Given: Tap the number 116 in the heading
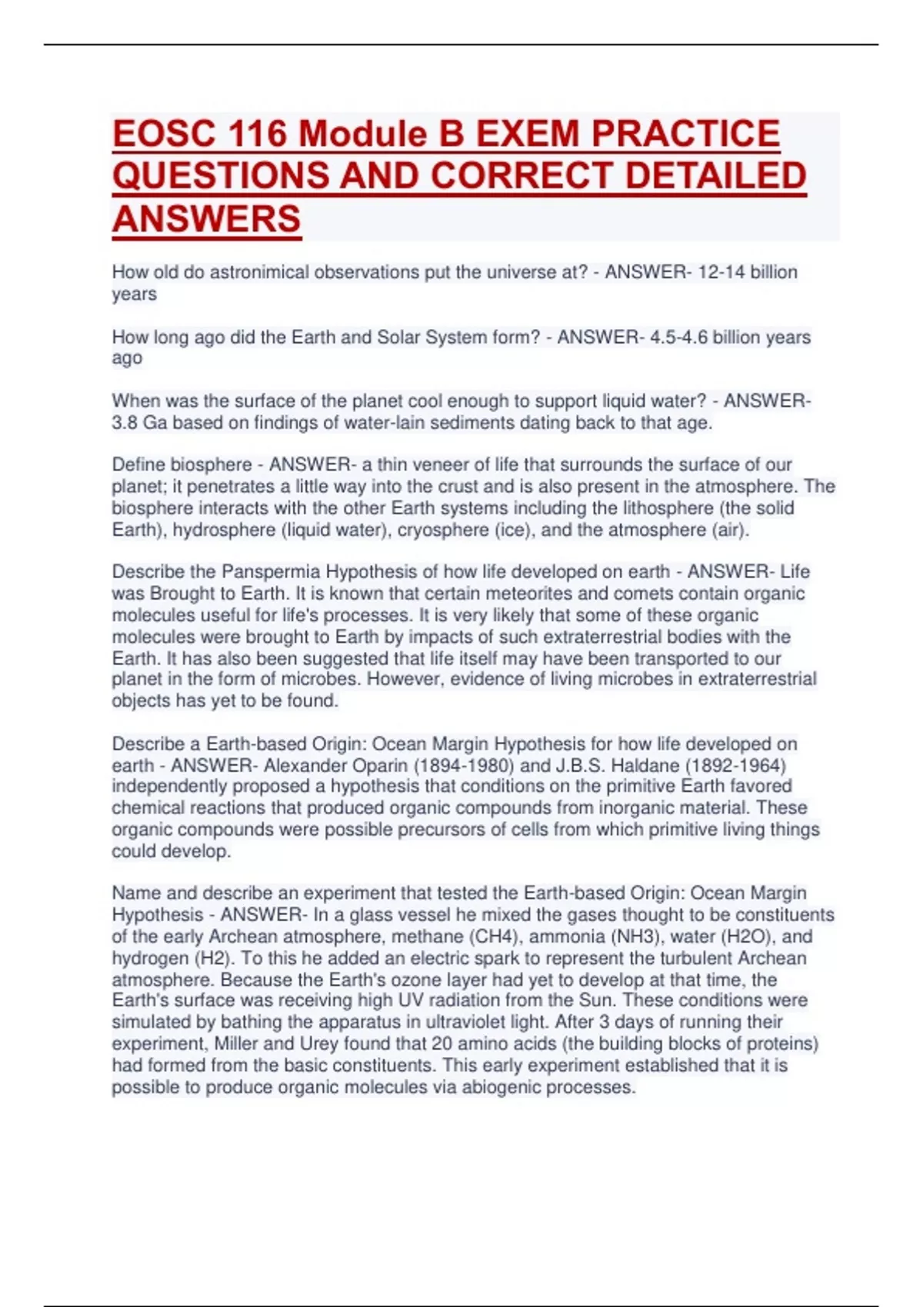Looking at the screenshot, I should pyautogui.click(x=259, y=134).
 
